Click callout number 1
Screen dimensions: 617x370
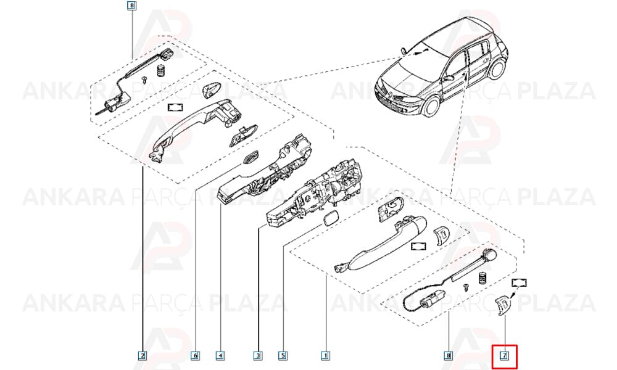(x=325, y=356)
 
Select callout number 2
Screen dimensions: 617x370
(x=143, y=356)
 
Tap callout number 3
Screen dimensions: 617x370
(x=258, y=356)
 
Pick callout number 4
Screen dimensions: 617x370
(x=221, y=356)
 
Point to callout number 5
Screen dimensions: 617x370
(x=283, y=356)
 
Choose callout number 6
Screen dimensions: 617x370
(x=195, y=356)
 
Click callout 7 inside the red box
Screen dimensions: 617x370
(x=504, y=356)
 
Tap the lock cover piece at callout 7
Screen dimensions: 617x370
(x=502, y=306)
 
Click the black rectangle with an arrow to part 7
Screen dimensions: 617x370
(x=519, y=282)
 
